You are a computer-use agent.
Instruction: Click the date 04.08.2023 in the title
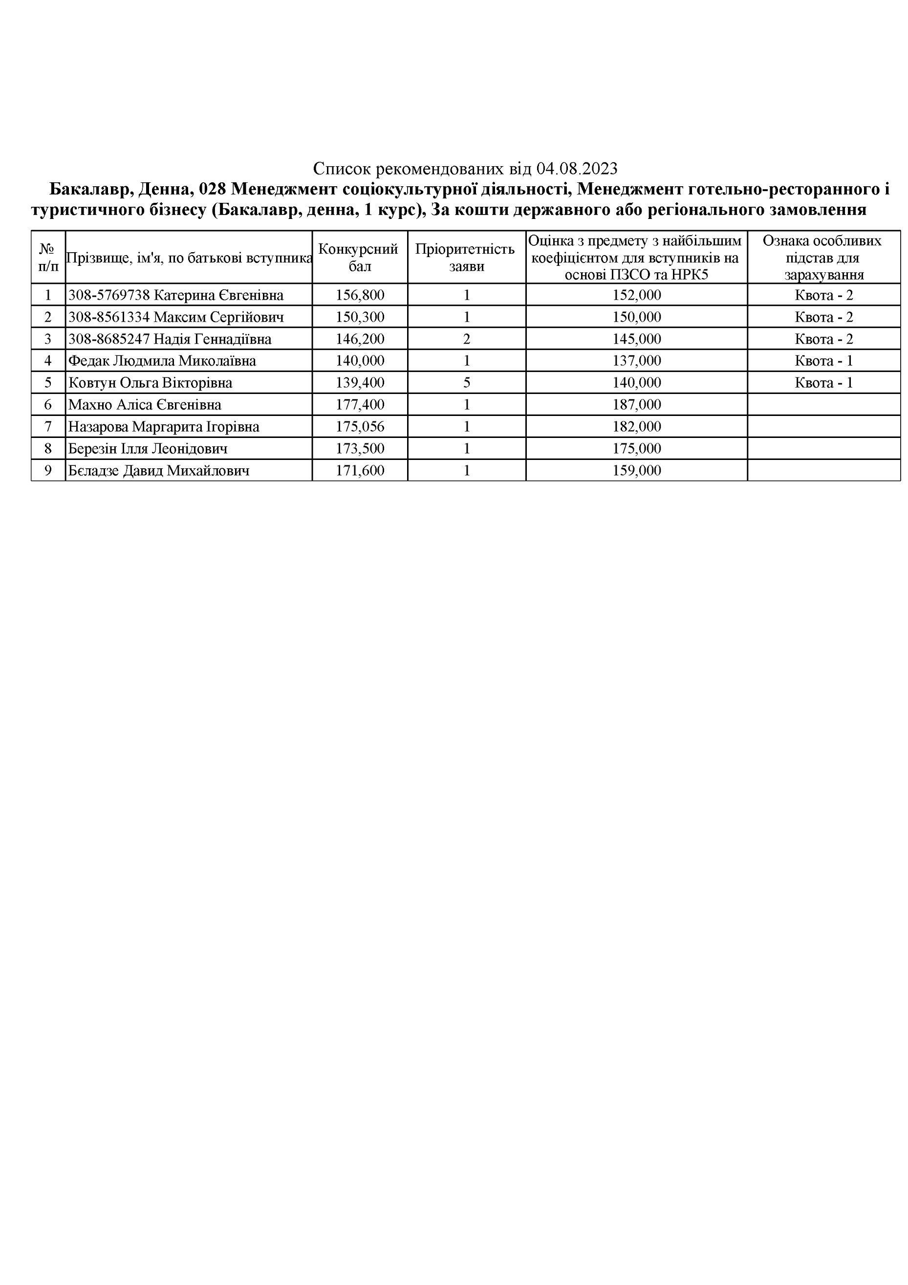click(577, 169)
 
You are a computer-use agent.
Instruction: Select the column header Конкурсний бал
click(359, 258)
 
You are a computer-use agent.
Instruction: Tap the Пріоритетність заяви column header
click(466, 258)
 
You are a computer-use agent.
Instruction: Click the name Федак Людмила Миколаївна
click(162, 361)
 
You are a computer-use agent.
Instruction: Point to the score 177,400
click(360, 405)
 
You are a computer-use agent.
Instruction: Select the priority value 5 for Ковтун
click(467, 383)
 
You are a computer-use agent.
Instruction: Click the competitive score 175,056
click(360, 427)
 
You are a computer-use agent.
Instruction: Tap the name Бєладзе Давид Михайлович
click(158, 471)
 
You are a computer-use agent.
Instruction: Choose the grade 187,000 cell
click(636, 405)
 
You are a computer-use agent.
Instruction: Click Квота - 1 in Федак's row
click(823, 361)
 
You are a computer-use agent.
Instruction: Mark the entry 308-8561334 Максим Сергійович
click(175, 317)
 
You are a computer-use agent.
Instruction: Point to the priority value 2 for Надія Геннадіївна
click(467, 339)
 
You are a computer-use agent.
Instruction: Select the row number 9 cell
click(48, 471)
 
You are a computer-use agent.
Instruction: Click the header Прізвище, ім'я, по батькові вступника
click(189, 258)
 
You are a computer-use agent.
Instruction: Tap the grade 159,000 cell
click(636, 471)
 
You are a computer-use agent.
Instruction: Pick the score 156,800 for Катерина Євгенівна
click(360, 295)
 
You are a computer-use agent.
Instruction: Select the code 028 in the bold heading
click(212, 190)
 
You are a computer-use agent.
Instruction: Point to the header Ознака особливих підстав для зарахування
click(823, 258)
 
